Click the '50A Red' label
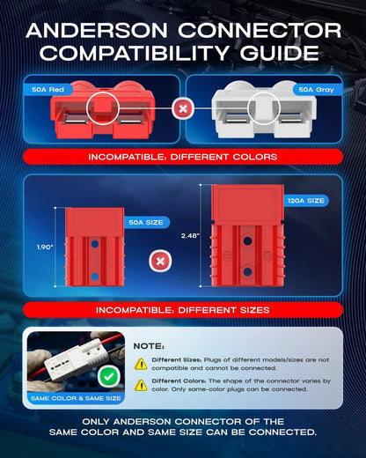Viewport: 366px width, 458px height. coord(48,90)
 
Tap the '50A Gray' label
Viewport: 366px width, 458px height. coord(317,90)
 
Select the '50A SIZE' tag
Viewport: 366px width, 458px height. coord(146,222)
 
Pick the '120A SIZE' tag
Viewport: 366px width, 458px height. coord(305,201)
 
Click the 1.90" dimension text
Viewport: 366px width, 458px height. coord(45,247)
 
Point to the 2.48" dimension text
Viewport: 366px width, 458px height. coord(190,235)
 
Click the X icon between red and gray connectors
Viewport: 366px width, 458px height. coord(183,109)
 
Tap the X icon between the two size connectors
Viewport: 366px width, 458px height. coord(160,261)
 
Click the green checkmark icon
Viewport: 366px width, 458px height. coord(109,377)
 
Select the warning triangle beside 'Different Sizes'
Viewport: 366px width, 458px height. coord(141,364)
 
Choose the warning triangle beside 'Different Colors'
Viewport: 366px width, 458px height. coord(141,385)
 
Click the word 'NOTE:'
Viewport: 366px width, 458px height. coord(149,346)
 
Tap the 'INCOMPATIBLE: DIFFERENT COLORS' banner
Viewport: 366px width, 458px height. coord(183,157)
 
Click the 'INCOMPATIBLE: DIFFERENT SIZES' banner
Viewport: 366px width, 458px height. coord(183,310)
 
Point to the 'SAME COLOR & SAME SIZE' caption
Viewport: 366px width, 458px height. coord(76,398)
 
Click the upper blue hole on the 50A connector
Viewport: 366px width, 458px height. coord(94,244)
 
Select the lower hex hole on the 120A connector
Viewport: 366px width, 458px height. coord(248,271)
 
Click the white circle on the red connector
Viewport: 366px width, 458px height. coord(103,108)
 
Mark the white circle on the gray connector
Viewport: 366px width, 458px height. coord(264,108)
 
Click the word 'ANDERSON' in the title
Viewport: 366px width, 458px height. coord(97,31)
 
